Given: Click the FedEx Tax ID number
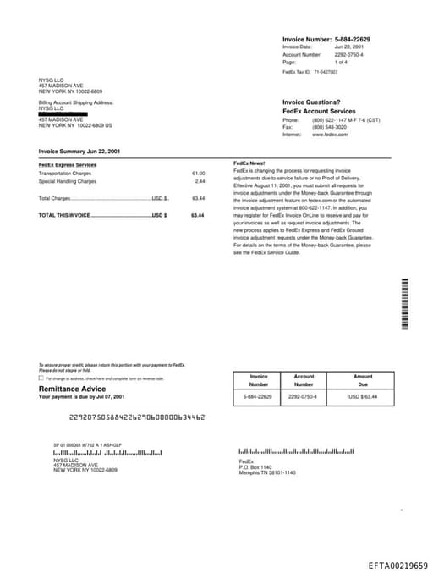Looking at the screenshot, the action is pos(326,73).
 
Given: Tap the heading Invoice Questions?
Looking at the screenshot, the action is pos(311,102).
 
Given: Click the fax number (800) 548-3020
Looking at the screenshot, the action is pos(329,127).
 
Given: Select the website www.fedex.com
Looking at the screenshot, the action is pos(330,135).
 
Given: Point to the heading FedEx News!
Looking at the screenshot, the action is pos(249,163).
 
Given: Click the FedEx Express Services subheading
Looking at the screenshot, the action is pos(68,164).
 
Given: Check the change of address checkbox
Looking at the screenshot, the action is pos(41,378).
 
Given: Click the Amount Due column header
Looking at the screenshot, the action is pos(363,380).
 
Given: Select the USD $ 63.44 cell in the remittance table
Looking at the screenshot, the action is pos(363,396).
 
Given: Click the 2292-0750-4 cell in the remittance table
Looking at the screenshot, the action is pos(304,396).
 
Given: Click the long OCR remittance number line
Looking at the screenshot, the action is pos(136,417).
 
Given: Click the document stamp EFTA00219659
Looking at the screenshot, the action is pos(397,565).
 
